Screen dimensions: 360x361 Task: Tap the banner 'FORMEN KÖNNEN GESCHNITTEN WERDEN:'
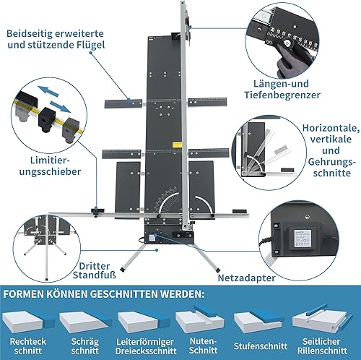pyautogui.click(x=105, y=296)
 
